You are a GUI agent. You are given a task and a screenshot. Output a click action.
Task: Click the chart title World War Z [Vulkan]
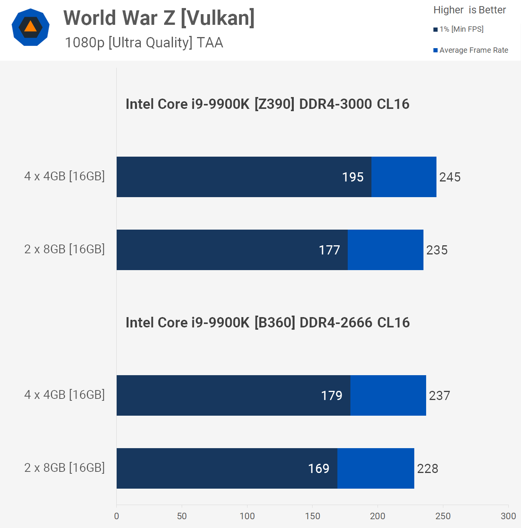tap(159, 18)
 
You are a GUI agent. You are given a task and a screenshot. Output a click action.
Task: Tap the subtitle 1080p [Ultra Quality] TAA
tap(144, 42)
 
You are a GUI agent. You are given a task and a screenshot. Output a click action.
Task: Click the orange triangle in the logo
tap(31, 26)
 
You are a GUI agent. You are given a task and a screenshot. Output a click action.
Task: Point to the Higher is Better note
tap(469, 10)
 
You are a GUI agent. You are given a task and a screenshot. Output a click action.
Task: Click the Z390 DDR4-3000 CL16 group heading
tap(267, 104)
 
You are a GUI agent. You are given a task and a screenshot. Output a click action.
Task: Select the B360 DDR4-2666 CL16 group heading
tap(267, 322)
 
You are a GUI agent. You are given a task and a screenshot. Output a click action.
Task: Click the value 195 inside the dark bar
tap(353, 177)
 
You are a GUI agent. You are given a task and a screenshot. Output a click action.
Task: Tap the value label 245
tap(450, 177)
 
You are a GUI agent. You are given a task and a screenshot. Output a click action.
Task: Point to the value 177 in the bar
tap(329, 250)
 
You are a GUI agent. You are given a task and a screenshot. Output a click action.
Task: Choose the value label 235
tap(437, 250)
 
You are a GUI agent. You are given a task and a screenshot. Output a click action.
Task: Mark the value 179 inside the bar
tap(332, 395)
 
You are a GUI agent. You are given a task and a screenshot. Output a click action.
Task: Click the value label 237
tap(440, 395)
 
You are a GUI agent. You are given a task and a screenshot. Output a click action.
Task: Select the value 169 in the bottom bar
tap(319, 468)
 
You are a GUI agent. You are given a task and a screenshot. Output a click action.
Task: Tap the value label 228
tap(428, 468)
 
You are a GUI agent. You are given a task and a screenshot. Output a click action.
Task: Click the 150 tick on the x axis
tap(313, 516)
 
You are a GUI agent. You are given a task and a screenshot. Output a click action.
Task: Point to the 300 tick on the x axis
tap(508, 516)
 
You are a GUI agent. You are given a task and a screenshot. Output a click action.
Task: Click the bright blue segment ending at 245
tap(404, 177)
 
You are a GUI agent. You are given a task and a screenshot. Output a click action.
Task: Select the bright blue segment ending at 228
tap(376, 468)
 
